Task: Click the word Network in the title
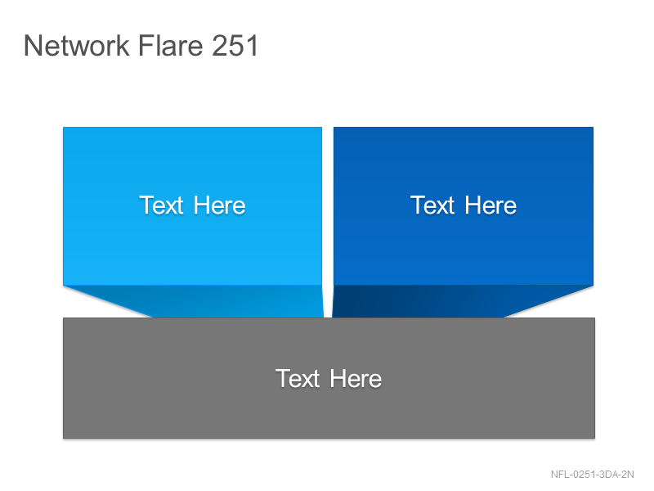point(77,45)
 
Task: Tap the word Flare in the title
point(170,45)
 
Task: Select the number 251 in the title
point(235,45)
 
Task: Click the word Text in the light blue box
point(161,205)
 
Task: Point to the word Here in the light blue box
point(219,205)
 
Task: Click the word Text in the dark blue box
point(432,205)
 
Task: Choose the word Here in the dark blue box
point(490,205)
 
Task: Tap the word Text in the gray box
point(298,379)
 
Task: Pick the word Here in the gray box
point(356,379)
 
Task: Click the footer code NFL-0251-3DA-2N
point(592,475)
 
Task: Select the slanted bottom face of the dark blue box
point(442,301)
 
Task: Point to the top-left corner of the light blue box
point(63,128)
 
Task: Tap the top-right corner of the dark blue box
point(594,128)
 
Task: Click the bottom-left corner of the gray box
point(64,438)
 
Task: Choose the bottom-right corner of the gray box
point(595,438)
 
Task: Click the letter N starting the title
point(33,46)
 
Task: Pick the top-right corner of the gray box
point(595,318)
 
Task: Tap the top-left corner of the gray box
point(64,318)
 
